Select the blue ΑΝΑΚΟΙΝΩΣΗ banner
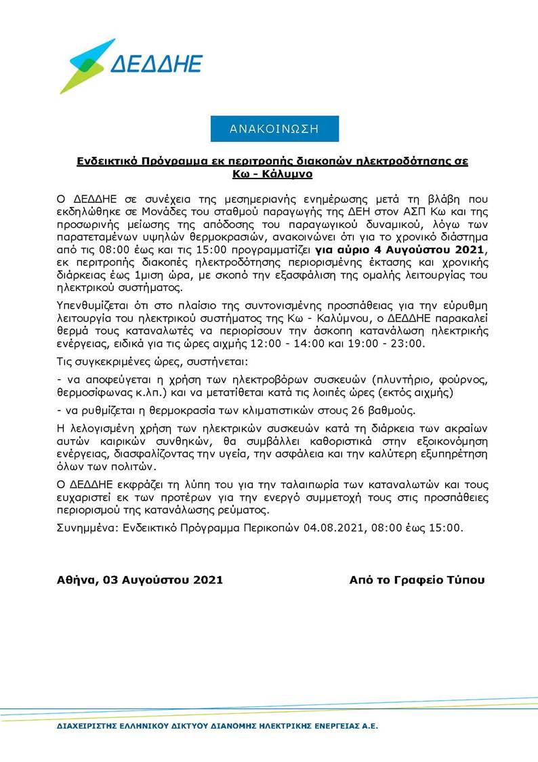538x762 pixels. pos(274,128)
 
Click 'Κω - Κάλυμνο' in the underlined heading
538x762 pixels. pos(271,174)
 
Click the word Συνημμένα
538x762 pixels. pos(85,527)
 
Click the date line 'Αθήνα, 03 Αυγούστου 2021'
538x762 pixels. pos(140,580)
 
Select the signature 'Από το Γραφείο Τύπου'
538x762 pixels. pos(417,580)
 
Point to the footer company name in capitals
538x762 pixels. pos(218,726)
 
